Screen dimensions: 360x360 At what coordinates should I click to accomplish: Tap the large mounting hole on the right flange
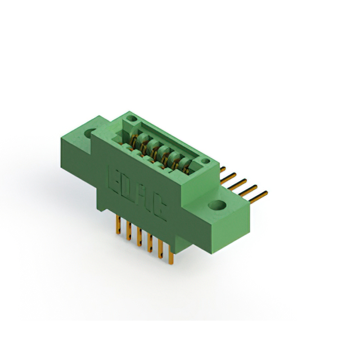[217, 205]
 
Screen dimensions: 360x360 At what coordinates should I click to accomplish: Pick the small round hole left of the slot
[132, 119]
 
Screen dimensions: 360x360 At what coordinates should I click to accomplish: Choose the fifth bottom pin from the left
[161, 250]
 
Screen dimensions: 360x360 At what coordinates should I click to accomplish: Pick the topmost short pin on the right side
[223, 168]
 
